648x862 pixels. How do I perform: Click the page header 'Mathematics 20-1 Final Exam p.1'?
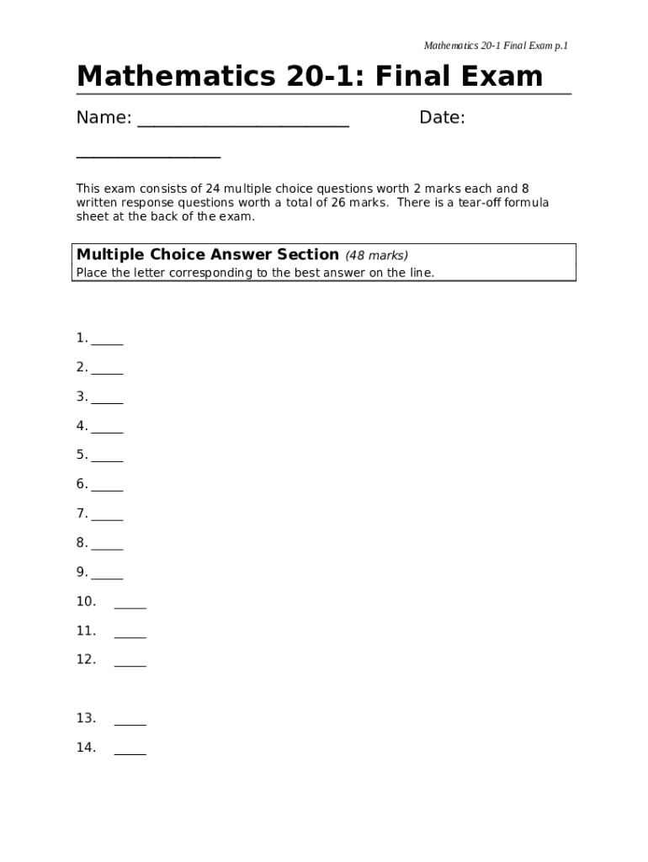click(x=496, y=45)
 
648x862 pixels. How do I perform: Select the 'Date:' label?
click(x=442, y=118)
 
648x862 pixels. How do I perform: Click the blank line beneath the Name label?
click(x=148, y=156)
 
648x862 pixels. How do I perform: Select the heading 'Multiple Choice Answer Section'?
click(x=208, y=254)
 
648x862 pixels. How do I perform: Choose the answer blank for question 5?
click(x=108, y=460)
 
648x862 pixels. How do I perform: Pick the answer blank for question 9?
click(x=108, y=577)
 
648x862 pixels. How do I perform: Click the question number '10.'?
click(x=86, y=601)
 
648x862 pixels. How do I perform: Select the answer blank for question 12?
click(x=130, y=664)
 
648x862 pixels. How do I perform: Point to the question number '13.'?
click(x=86, y=718)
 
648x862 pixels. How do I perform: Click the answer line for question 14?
click(x=130, y=752)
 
